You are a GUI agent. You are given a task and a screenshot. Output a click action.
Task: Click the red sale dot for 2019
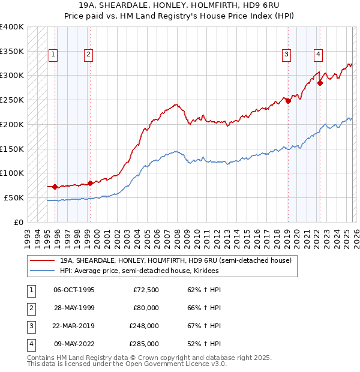click(288, 101)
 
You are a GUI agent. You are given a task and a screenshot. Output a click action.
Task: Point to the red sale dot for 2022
click(320, 83)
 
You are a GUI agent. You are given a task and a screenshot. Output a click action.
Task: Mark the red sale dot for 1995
click(55, 187)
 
